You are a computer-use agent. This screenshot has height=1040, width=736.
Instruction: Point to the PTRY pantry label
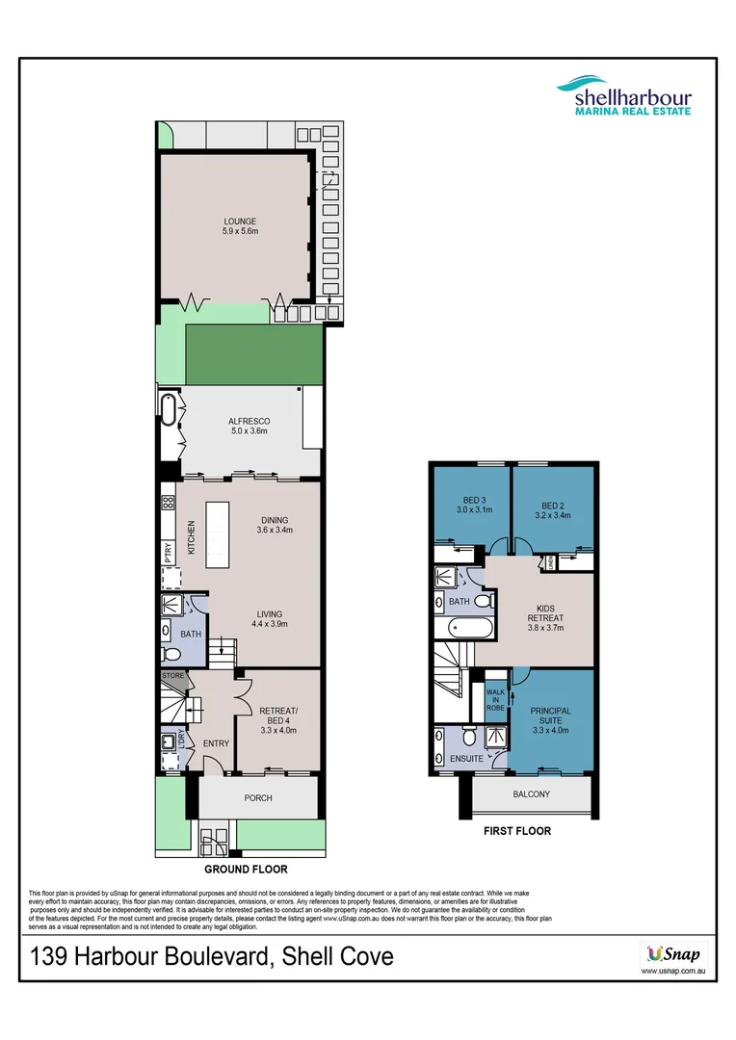click(168, 551)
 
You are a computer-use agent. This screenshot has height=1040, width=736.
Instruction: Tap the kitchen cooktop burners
click(168, 502)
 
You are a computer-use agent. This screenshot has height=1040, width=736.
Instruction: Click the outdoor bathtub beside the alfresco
click(168, 410)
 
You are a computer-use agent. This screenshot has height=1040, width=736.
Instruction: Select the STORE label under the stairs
click(172, 676)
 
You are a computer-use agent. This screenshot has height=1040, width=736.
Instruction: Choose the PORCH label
click(258, 797)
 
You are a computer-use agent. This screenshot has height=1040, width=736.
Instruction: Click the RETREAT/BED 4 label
click(277, 717)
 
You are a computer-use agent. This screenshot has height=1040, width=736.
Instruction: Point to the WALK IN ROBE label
click(495, 698)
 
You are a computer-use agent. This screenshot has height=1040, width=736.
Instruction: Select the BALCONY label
click(531, 794)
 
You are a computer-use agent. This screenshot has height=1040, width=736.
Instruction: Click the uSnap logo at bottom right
click(666, 956)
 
